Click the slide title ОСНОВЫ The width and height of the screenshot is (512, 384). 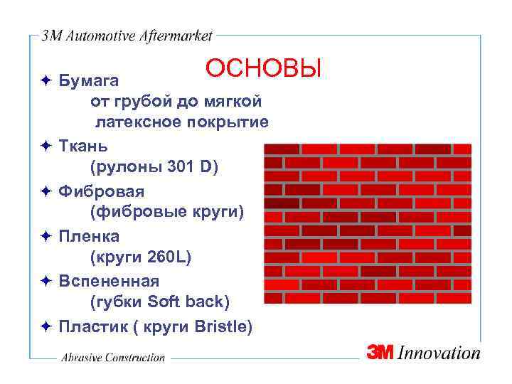263,69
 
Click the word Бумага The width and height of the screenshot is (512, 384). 89,78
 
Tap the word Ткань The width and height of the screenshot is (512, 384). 84,146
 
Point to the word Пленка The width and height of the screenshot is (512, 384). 90,236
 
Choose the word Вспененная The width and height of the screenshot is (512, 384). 109,281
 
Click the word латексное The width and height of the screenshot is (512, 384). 140,123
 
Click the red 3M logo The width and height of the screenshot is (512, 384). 383,352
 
